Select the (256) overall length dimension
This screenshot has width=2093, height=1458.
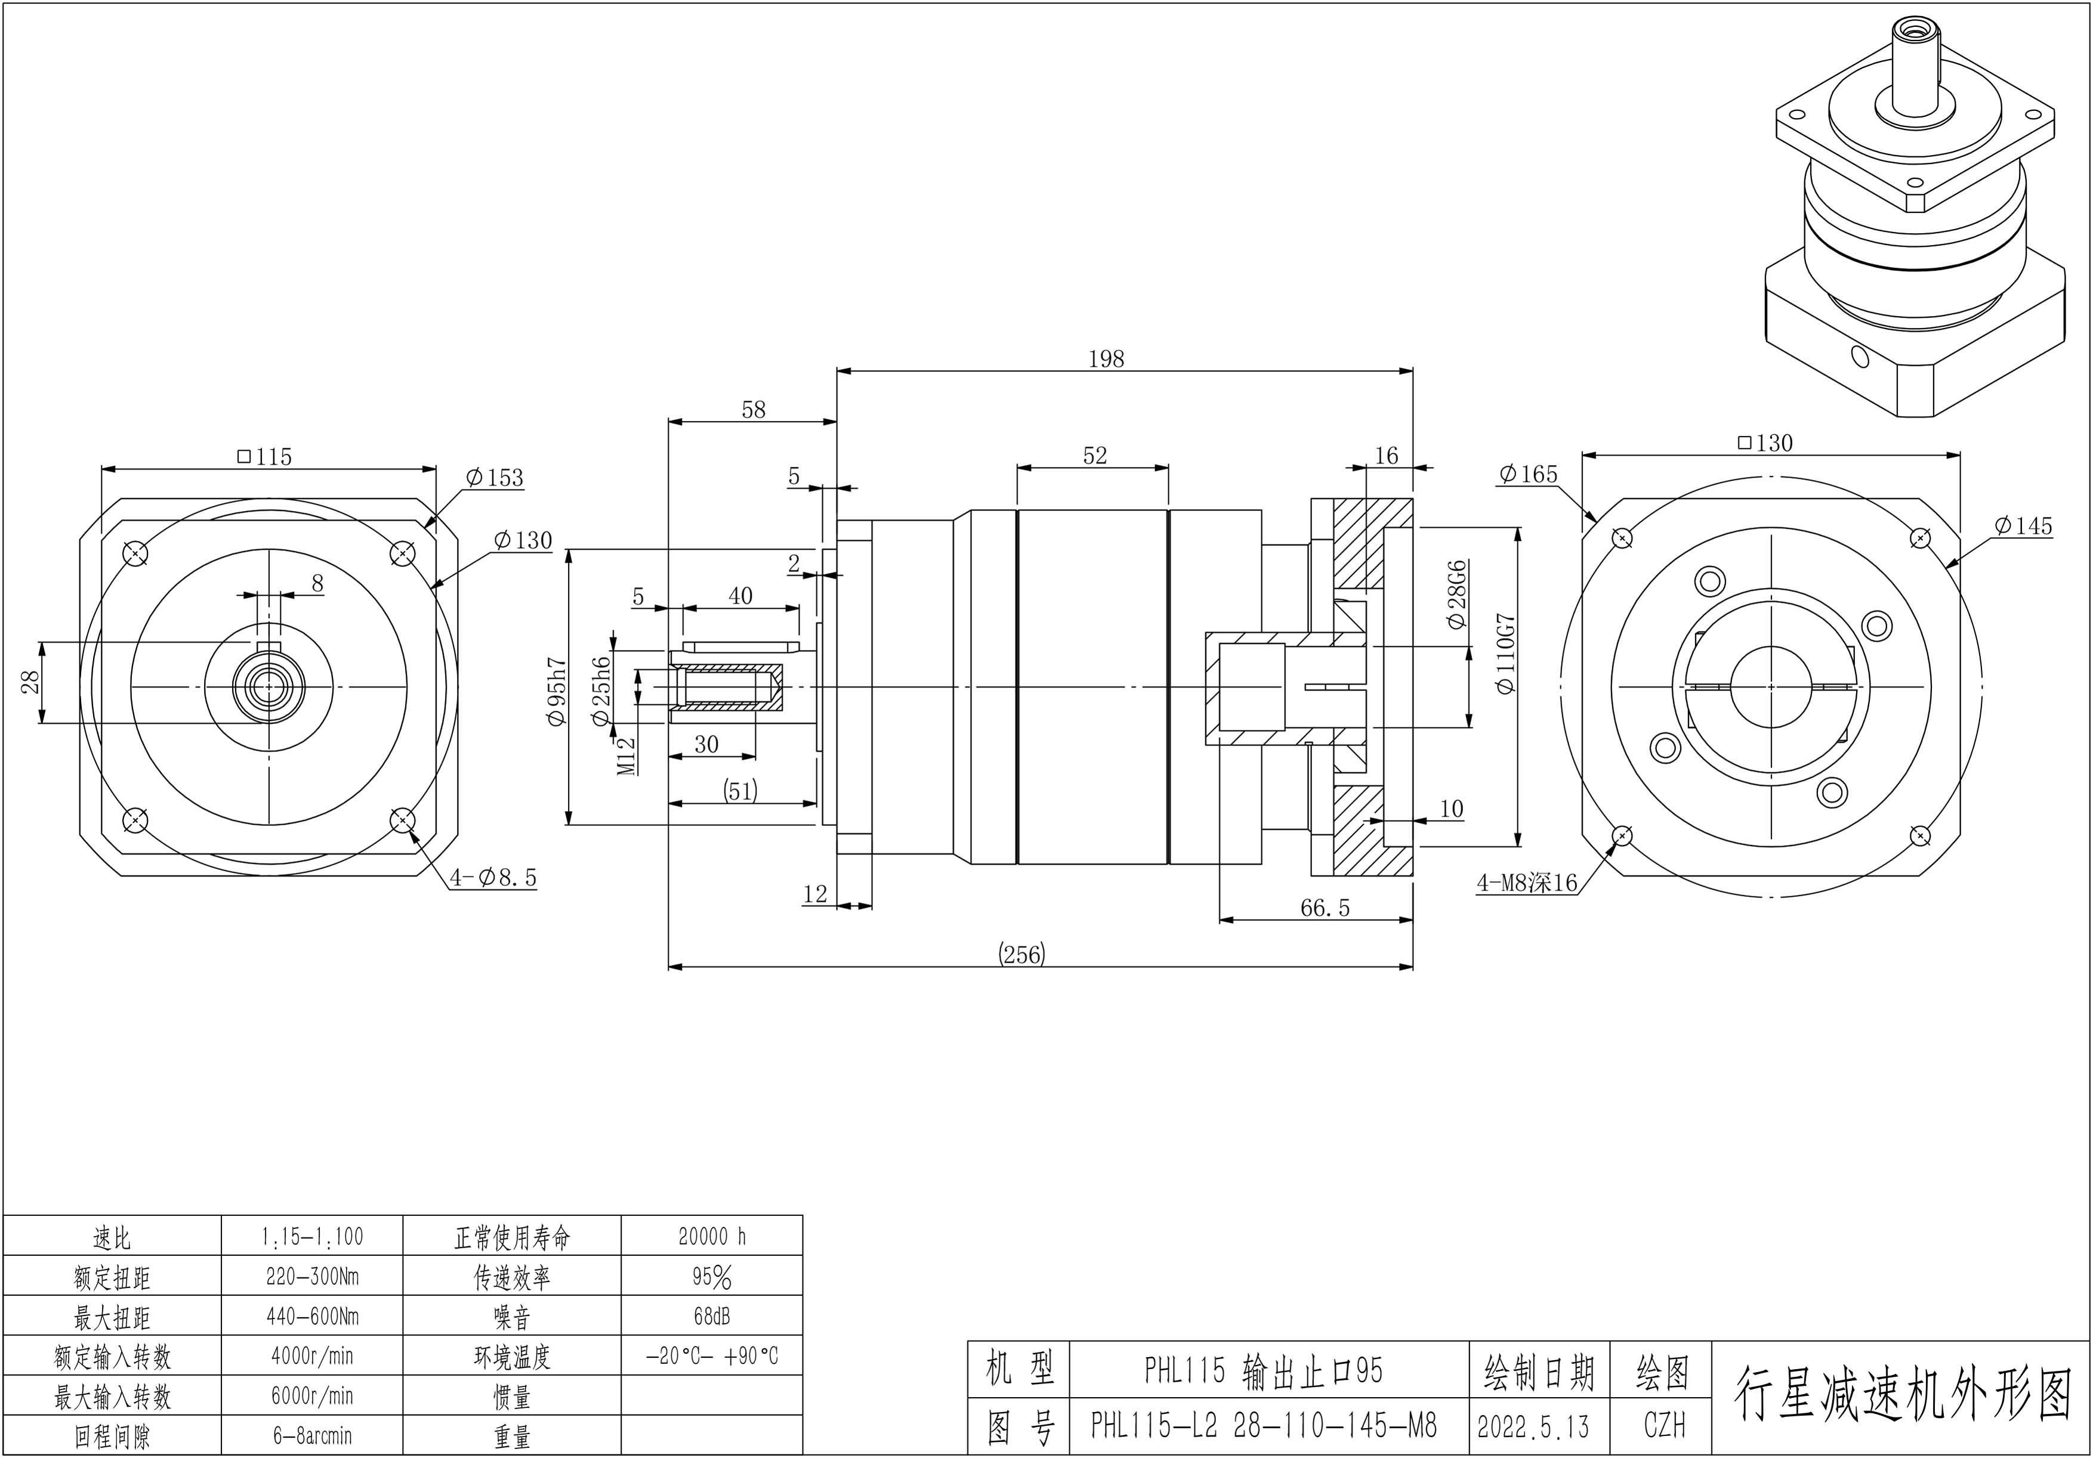[x=1022, y=954]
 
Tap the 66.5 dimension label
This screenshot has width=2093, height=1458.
[x=1325, y=908]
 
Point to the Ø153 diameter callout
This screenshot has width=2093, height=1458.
[x=494, y=478]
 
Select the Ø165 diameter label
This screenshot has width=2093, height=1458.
[x=1528, y=474]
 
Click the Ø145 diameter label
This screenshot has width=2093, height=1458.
[x=2023, y=526]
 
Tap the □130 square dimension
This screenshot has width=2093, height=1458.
[x=1765, y=443]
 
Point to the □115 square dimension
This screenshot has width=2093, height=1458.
[x=264, y=457]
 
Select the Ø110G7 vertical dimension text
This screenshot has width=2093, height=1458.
[x=1506, y=654]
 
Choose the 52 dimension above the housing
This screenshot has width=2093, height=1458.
[x=1095, y=456]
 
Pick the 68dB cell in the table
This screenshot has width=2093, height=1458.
[x=711, y=1316]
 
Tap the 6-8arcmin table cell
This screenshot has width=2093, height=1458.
[x=312, y=1436]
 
